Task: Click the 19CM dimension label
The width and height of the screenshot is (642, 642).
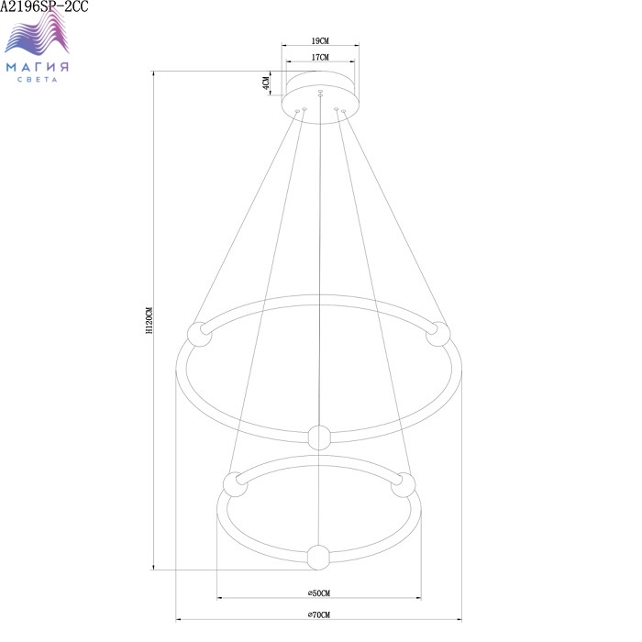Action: (x=320, y=41)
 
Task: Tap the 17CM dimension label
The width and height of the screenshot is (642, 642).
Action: (x=320, y=57)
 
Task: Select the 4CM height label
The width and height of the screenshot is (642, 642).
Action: (x=266, y=83)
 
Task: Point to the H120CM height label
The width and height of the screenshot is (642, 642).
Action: (x=149, y=320)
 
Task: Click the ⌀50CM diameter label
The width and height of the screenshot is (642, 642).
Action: (x=319, y=593)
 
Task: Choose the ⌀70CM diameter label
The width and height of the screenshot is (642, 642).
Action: (x=319, y=614)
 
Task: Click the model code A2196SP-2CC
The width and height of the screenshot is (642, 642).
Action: (x=44, y=6)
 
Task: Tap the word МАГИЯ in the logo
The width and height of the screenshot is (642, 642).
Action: (x=38, y=67)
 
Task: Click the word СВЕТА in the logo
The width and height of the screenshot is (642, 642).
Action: (x=38, y=80)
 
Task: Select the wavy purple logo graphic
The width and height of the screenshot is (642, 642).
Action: (x=37, y=33)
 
